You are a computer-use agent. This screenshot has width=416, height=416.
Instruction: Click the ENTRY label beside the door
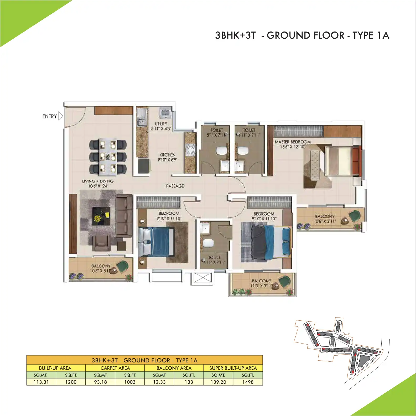[50, 116]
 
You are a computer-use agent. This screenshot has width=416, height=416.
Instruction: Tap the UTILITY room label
[161, 124]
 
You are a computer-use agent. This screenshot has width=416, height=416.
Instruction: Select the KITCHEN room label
[167, 155]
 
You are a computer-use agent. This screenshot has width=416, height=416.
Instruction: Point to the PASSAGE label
[175, 186]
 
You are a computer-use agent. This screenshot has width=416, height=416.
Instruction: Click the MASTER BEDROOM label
[293, 142]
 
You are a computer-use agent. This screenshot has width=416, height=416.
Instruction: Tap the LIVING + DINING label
[98, 181]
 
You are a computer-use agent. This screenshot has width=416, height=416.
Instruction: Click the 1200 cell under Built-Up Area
[71, 382]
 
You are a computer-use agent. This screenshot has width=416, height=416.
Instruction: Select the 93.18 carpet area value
[101, 382]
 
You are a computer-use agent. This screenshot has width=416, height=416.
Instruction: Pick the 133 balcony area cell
[189, 382]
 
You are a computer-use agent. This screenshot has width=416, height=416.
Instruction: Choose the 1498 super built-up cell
[248, 382]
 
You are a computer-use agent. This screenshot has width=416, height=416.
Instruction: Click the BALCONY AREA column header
[174, 368]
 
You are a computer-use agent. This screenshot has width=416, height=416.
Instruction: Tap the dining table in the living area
[108, 157]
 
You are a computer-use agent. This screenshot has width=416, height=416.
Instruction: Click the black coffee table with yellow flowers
[101, 216]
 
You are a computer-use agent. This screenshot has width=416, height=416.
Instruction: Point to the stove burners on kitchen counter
[190, 150]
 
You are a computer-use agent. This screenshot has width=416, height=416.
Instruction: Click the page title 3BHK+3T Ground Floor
[302, 35]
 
